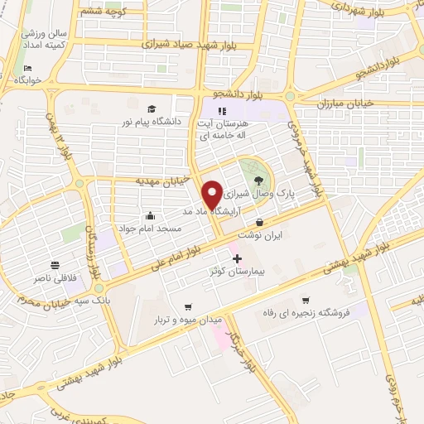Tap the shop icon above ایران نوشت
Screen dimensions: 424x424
pos(261,222)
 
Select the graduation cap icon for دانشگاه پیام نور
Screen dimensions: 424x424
pos(152,109)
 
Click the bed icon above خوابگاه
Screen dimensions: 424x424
pos(29,69)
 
